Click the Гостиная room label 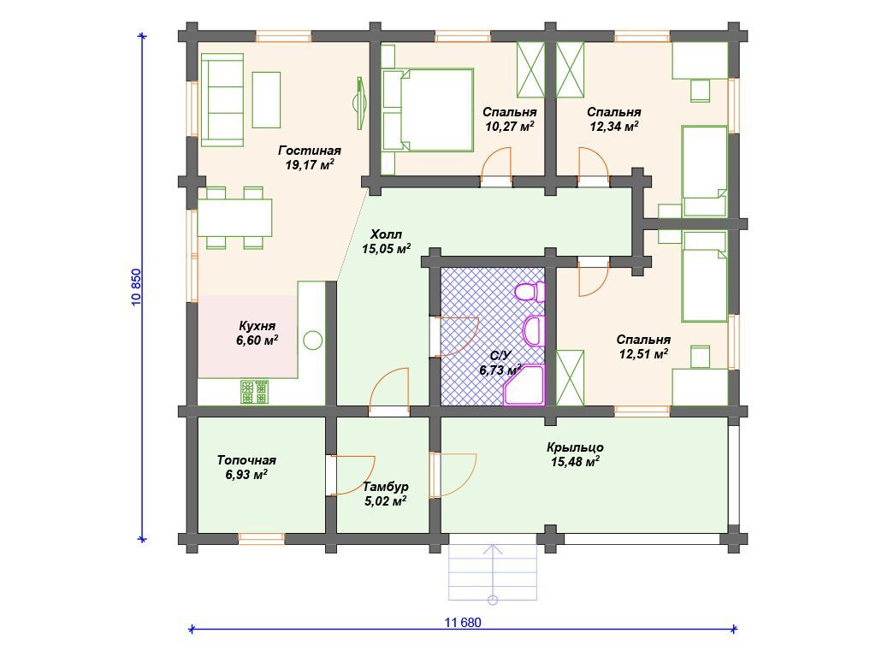tap(310, 151)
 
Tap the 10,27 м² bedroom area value tap(510, 127)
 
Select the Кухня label tap(257, 326)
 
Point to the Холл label tap(386, 234)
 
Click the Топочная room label tap(246, 460)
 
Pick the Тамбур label tap(386, 487)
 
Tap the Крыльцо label tap(575, 447)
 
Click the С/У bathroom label tap(500, 355)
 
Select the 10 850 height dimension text tap(137, 287)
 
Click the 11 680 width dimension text tap(463, 623)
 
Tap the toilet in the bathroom tap(530, 292)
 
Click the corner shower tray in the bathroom tap(524, 385)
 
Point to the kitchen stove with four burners tap(255, 392)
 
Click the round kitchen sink tap(313, 340)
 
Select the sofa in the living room tap(222, 100)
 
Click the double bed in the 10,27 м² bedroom tap(428, 110)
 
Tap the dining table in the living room tap(234, 217)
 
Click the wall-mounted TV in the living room tap(359, 103)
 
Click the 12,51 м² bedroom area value tap(643, 354)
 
